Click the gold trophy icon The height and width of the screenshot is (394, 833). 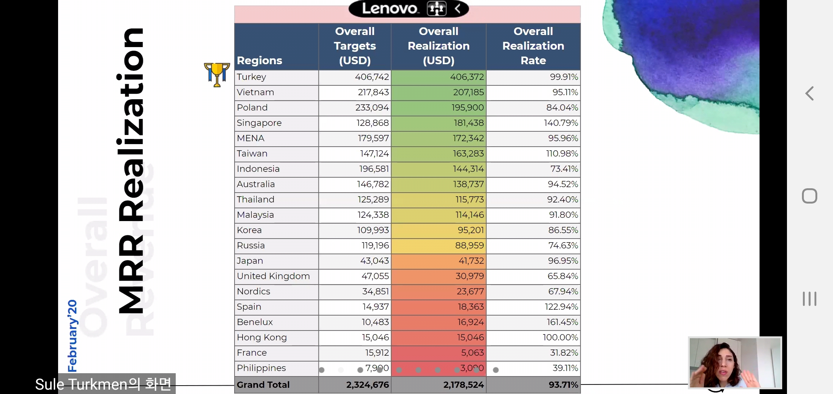(x=217, y=74)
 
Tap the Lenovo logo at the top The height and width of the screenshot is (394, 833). (x=390, y=8)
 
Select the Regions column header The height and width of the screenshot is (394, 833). (x=259, y=60)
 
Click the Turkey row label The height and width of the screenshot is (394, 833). (x=251, y=77)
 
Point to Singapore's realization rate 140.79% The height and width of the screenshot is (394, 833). (x=561, y=123)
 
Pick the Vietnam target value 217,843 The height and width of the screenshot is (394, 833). (x=373, y=92)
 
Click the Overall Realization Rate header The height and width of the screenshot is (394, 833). (x=533, y=46)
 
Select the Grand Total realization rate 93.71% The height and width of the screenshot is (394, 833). (x=563, y=385)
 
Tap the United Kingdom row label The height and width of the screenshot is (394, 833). (x=273, y=276)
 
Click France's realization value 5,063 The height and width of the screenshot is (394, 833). (x=472, y=353)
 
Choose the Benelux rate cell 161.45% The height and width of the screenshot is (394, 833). (x=562, y=322)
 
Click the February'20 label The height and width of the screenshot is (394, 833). (x=72, y=336)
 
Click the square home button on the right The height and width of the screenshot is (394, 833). (x=809, y=196)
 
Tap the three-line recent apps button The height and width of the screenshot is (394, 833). (x=809, y=299)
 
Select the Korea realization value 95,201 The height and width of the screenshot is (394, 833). (x=471, y=230)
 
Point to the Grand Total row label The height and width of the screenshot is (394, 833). (x=263, y=385)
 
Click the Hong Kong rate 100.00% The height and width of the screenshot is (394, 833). (x=560, y=337)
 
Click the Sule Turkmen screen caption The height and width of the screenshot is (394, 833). (x=103, y=384)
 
